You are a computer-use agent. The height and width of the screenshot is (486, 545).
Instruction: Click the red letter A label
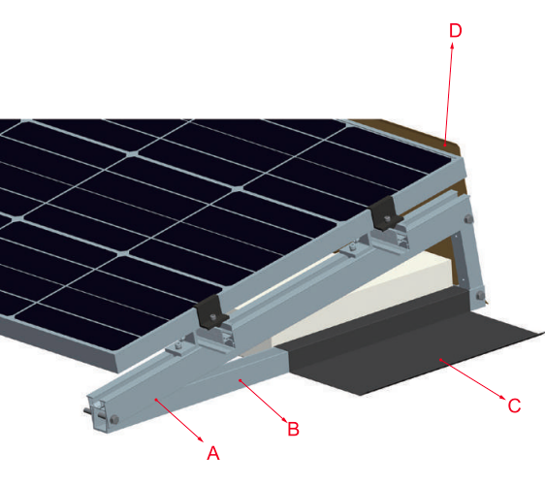213,451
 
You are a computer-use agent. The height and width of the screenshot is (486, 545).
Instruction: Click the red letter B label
289,424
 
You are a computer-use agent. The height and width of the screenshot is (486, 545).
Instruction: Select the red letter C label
515,405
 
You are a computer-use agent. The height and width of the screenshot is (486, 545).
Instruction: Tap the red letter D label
456,30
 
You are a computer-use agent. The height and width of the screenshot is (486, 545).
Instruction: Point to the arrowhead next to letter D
453,48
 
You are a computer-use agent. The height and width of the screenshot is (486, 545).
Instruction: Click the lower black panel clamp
208,312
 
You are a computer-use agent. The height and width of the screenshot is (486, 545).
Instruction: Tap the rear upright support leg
474,257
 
